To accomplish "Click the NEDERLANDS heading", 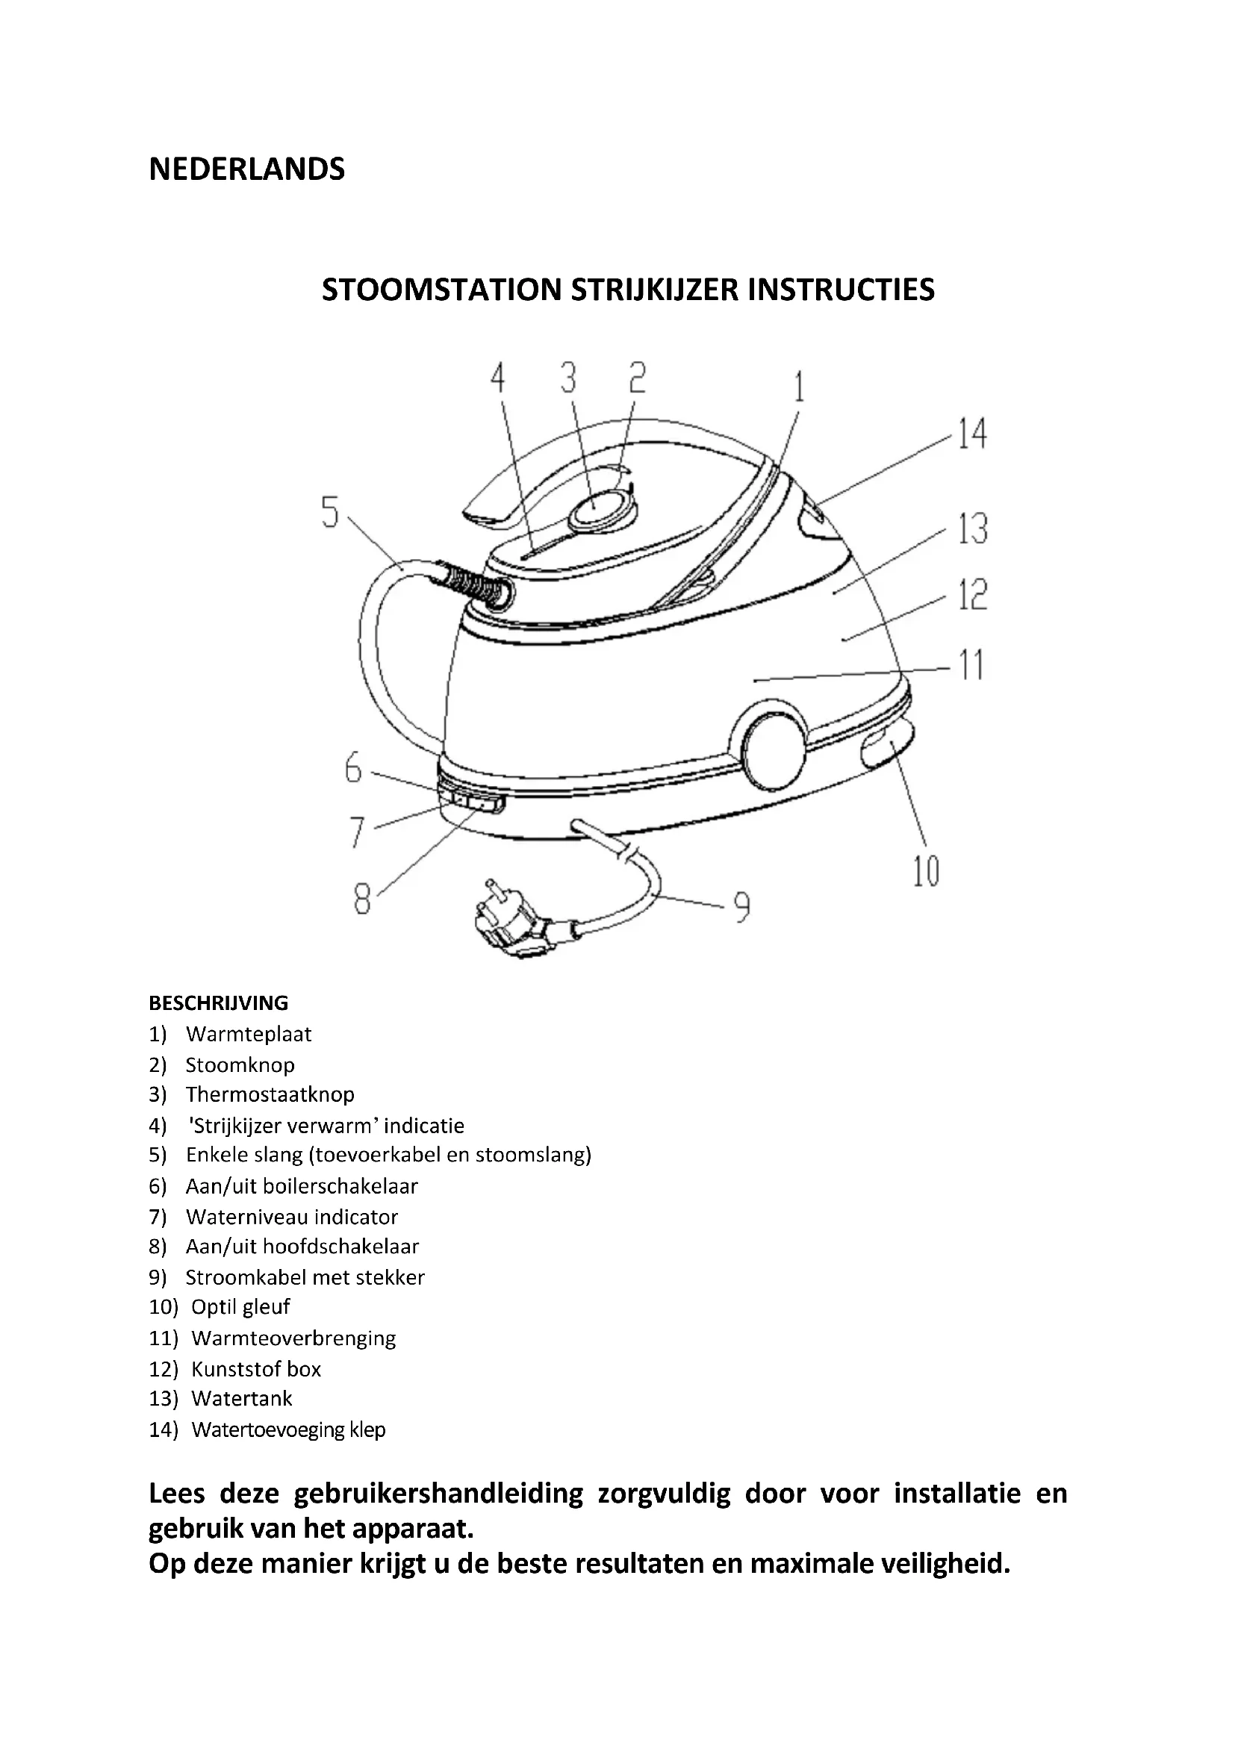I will pos(246,169).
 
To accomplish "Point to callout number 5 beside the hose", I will pos(329,512).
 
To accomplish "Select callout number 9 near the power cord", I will pos(741,905).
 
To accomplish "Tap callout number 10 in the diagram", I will pos(925,871).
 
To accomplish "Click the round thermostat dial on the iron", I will pos(599,509).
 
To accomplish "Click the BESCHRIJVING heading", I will pos(218,1003).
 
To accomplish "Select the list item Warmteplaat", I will pos(248,1034).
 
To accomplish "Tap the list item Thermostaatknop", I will pos(270,1094).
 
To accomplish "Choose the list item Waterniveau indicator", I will pos(291,1217).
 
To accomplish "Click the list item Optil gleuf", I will pos(240,1306).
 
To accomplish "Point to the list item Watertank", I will pos(242,1397).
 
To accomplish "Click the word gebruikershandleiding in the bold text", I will pos(438,1493).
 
